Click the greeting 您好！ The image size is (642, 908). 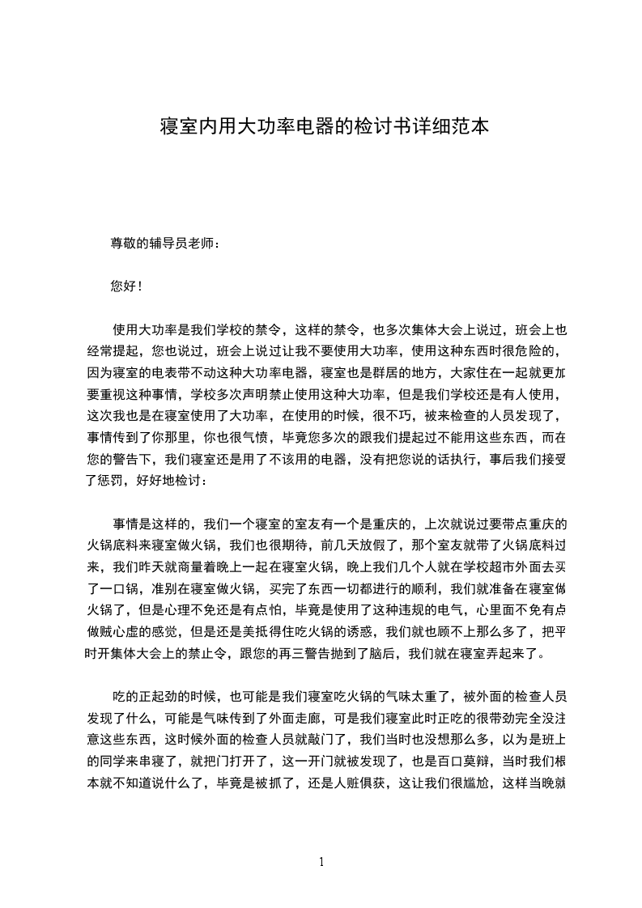pyautogui.click(x=125, y=286)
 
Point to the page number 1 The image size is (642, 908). pyautogui.click(x=321, y=862)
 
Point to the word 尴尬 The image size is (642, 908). pyautogui.click(x=464, y=781)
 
